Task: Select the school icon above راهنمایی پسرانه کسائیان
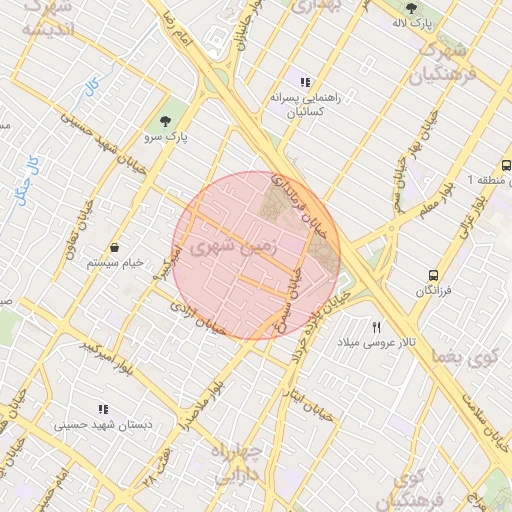point(305,82)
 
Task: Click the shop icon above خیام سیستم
point(116,247)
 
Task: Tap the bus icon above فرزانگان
point(432,275)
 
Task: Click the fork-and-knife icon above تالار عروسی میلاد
point(377,327)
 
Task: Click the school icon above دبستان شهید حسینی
point(102,409)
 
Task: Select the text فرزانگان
point(432,291)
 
